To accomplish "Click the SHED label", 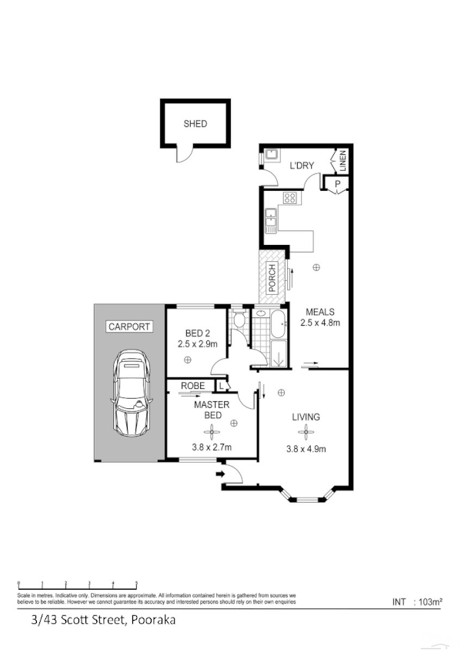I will point(195,123).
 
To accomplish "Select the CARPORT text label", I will point(129,326).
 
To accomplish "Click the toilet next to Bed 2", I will point(239,318).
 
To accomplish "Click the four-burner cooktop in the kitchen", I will point(290,198).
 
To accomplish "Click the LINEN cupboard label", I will point(344,162).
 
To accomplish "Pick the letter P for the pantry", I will point(337,183).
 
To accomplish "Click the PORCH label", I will point(272,277).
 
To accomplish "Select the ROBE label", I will point(192,385).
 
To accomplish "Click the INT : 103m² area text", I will point(416,602).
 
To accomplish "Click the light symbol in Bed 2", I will point(187,360).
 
